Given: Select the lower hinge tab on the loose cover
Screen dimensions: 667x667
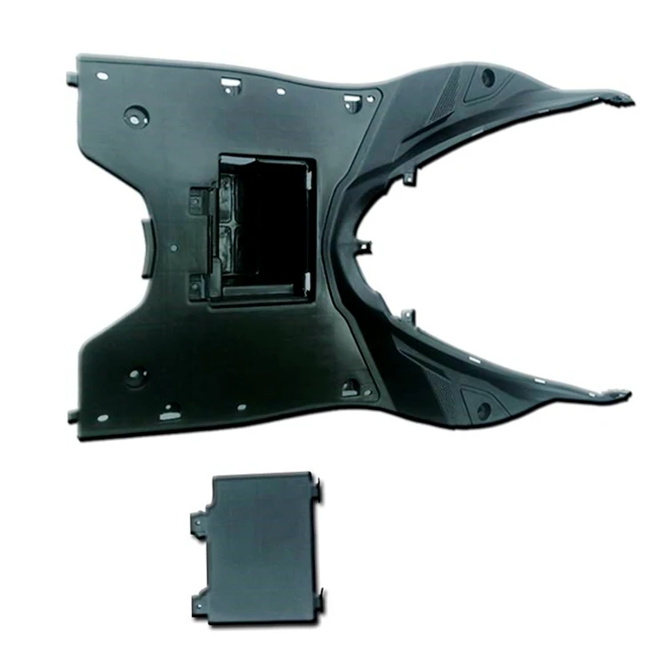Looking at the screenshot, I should click(x=198, y=604).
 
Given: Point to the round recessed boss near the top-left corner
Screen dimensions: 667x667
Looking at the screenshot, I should click(x=136, y=115).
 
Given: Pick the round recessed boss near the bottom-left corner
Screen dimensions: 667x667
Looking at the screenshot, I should click(x=135, y=376).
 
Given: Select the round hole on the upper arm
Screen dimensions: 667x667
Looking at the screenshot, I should click(x=488, y=76).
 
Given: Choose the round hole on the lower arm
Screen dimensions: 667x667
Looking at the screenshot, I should click(x=483, y=410).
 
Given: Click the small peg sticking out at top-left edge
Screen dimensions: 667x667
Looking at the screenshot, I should click(x=70, y=79).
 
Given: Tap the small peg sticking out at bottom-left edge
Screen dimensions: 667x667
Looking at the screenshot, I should click(x=72, y=416).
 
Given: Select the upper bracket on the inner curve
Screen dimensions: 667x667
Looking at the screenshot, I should click(x=408, y=174).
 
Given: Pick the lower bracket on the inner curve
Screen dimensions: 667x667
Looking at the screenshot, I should click(x=408, y=316).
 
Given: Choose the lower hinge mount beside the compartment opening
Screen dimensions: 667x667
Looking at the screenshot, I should click(x=196, y=285).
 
